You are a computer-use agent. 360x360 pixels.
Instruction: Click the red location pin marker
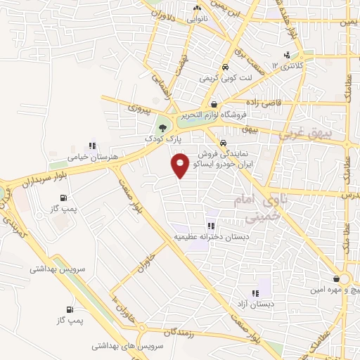pos(180,166)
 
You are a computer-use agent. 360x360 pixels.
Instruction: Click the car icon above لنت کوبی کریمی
pos(224,67)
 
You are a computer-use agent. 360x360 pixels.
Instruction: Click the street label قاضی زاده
pos(262,102)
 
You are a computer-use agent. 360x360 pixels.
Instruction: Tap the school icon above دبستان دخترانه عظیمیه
pos(210,226)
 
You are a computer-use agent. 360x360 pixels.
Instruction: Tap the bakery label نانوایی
pos(196,20)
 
